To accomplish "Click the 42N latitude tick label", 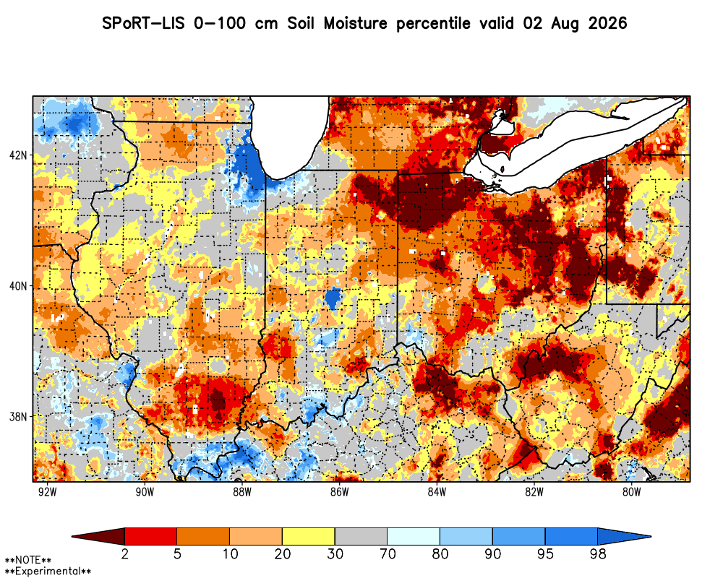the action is click(x=18, y=155).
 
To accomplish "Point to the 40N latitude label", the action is click(x=18, y=286).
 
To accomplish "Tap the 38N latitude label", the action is click(x=18, y=417).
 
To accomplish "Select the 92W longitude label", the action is click(x=48, y=492).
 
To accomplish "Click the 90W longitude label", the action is click(x=145, y=492).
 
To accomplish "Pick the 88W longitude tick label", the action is click(x=242, y=492).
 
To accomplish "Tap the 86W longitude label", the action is click(x=339, y=492).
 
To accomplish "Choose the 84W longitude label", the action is click(x=437, y=492).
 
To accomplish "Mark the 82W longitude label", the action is click(x=534, y=492).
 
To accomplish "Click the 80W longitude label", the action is click(x=631, y=492).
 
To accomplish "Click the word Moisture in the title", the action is click(x=355, y=23).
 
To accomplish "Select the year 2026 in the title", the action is click(x=608, y=23).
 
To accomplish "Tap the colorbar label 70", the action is click(x=388, y=553).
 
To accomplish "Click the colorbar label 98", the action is click(x=598, y=553).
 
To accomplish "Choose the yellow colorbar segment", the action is click(x=309, y=537).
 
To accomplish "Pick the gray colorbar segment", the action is click(x=361, y=537).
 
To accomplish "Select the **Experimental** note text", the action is click(x=48, y=571).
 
